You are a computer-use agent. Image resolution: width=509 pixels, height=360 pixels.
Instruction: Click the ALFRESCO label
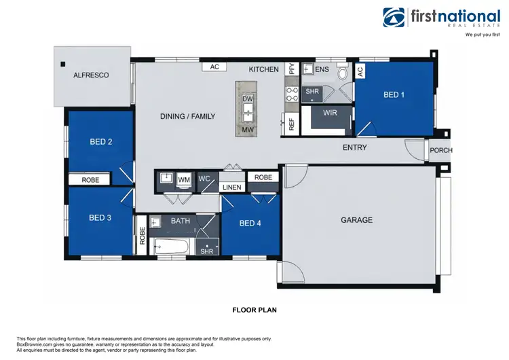tap(91, 75)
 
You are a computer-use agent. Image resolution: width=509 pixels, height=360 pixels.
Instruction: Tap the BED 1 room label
tap(394, 95)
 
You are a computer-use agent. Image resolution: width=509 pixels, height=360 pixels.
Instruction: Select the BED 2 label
tap(100, 142)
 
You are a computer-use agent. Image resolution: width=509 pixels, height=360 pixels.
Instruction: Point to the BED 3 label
tap(100, 218)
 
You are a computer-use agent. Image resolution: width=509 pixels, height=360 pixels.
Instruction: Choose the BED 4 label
tap(250, 223)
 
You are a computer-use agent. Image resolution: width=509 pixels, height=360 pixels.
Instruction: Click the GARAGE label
tap(356, 220)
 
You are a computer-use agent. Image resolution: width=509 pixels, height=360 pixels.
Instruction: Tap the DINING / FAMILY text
tap(187, 117)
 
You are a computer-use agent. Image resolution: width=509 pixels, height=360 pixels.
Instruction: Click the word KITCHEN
tap(263, 69)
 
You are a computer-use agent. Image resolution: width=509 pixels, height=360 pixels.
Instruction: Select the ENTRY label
tap(354, 147)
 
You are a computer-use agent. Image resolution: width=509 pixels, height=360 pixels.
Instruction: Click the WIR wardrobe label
tap(331, 112)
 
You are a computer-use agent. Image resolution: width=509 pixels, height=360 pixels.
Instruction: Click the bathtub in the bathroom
tap(170, 247)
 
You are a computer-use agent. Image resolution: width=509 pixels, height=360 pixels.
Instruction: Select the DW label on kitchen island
tap(248, 99)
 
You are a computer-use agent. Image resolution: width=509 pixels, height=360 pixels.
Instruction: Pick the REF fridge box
tap(291, 124)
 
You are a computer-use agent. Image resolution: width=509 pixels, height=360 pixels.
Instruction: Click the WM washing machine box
tap(183, 180)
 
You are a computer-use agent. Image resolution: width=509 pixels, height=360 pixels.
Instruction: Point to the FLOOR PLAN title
tap(254, 310)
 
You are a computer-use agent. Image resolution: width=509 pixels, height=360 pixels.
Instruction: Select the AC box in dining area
tap(214, 67)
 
